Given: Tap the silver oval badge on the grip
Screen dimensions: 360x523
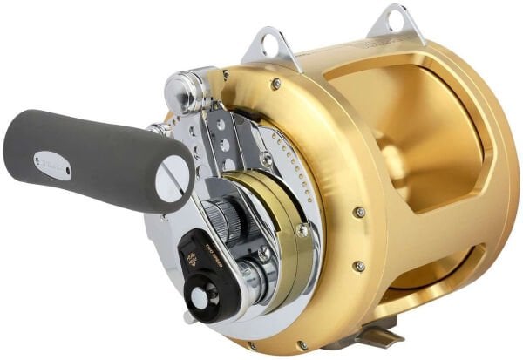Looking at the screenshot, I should tap(51, 164).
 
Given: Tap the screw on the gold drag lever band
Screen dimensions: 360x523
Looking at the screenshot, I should tap(302, 230).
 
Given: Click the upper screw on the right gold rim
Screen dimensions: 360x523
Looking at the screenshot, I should tap(358, 212).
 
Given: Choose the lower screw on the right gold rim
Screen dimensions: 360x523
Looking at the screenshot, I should tap(358, 266).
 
